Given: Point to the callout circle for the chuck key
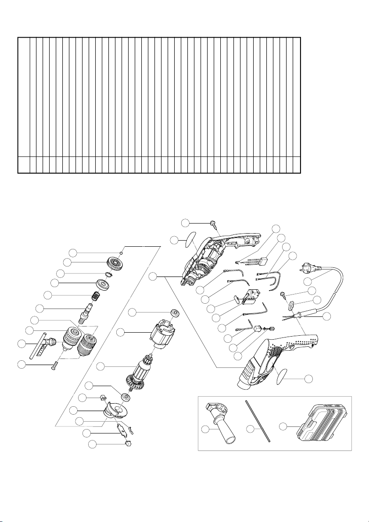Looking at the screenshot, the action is (21, 345).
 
